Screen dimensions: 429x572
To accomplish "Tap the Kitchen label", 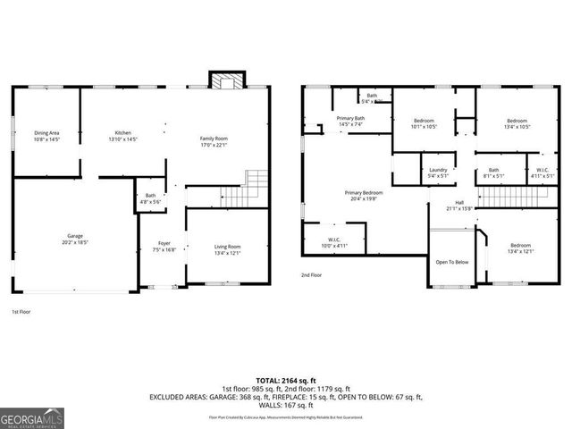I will click(122, 137).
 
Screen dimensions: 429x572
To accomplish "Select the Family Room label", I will click(214, 142).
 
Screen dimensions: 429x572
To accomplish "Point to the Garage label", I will click(75, 239).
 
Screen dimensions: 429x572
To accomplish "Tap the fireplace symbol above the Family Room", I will click(221, 80).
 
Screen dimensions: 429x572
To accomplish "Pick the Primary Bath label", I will click(349, 122).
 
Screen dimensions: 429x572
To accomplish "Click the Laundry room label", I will click(438, 172).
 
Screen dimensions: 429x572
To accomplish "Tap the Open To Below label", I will click(452, 262).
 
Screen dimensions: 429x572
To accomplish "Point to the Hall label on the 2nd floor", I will click(459, 206).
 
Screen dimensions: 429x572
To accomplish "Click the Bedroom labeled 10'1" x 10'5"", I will click(424, 124).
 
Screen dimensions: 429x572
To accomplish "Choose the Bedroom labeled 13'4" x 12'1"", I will click(521, 250).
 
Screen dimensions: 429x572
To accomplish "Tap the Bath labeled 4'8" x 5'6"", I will click(150, 198).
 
